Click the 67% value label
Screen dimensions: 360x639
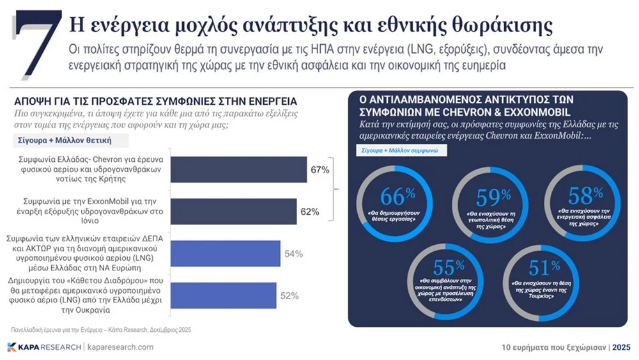[x=320, y=170]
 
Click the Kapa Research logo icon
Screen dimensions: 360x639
[x=12, y=347]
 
